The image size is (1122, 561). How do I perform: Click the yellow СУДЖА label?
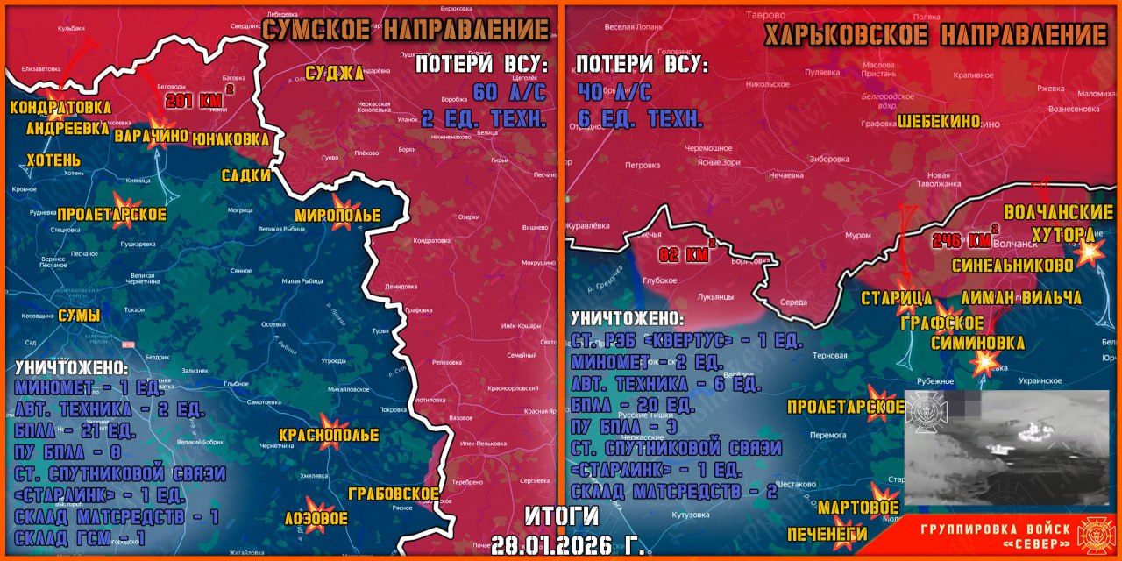[x=333, y=73]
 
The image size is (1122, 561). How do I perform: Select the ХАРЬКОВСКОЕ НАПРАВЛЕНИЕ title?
[x=935, y=36]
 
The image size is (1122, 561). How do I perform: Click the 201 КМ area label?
[x=198, y=101]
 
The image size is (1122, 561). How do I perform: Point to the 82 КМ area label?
[x=685, y=255]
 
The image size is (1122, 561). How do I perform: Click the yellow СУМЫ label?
[x=79, y=315]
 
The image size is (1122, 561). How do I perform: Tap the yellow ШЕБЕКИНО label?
[x=939, y=122]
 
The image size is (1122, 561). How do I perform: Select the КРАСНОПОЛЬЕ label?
[x=329, y=435]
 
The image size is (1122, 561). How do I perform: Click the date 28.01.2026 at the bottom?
[x=567, y=543]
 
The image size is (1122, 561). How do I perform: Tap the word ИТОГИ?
[x=561, y=515]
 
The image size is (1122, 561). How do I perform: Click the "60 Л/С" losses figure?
[x=509, y=92]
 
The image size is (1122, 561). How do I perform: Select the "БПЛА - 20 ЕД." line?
[x=632, y=405]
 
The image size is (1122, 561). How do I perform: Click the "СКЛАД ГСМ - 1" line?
[x=80, y=536]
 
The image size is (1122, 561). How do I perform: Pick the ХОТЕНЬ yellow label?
[x=53, y=160]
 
